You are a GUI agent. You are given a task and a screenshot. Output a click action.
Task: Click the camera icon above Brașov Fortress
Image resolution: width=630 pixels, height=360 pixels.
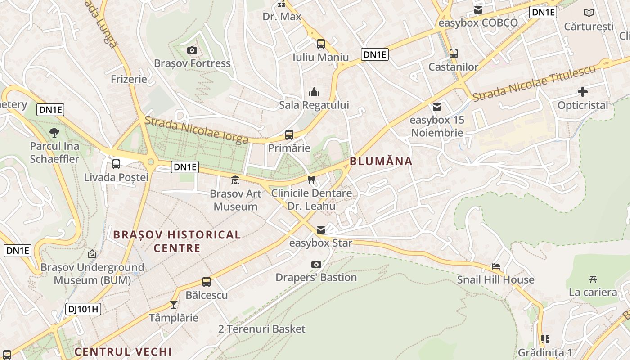coord(192,50)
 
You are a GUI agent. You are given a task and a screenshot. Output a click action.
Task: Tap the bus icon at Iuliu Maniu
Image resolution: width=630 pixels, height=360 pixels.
coord(321,44)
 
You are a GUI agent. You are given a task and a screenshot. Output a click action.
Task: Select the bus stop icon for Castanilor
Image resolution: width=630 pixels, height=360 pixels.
coord(454,54)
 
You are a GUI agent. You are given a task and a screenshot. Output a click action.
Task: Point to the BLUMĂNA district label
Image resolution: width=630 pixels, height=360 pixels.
coord(381,161)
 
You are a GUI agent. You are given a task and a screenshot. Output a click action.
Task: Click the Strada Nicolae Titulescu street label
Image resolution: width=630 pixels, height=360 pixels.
coord(534,83)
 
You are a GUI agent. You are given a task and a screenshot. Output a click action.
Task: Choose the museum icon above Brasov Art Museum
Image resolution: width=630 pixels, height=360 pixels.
coord(235,180)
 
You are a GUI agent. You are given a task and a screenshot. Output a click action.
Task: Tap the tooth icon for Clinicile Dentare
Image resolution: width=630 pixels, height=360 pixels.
coord(310,180)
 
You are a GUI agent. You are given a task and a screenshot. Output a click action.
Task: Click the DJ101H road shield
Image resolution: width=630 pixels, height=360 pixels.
coord(83,309)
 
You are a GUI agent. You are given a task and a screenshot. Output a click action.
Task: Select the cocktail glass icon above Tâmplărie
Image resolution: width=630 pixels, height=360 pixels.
coord(174,305)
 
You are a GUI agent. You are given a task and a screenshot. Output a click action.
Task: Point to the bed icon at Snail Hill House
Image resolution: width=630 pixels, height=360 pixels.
coord(496,266)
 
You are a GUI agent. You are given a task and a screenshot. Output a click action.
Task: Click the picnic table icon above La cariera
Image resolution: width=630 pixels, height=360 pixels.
coord(593,279)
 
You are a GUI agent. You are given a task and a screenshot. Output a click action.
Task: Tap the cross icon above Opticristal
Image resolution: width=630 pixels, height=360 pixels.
coord(583,92)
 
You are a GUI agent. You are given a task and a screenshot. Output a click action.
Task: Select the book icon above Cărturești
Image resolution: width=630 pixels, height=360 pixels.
coord(589,13)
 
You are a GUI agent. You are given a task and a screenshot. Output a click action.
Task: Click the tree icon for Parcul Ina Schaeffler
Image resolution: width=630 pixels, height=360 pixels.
coord(54,133)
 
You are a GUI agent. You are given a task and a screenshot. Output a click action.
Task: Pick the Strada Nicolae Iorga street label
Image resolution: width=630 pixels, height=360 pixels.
coord(196,130)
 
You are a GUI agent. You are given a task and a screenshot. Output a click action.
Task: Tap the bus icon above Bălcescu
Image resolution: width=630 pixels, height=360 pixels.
coord(207,282)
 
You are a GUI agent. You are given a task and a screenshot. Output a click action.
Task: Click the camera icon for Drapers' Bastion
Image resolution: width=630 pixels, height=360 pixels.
coord(316,264)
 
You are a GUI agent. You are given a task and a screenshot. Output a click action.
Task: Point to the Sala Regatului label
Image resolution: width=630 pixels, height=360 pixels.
coord(314,105)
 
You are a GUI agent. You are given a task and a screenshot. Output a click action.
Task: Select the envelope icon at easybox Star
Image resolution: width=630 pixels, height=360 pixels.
coord(320,230)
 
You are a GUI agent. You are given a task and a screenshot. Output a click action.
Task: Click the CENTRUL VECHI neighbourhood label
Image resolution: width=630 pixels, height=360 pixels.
coord(123,351)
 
